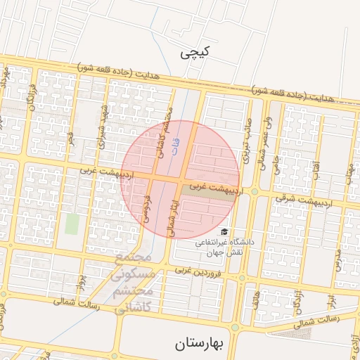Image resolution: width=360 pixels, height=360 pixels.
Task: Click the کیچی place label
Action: tap(195, 53)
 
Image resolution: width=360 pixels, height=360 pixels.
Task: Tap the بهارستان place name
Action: tap(198, 344)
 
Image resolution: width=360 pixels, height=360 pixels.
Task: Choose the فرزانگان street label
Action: tap(30, 96)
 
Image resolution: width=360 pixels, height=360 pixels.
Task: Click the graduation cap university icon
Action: tap(224, 231)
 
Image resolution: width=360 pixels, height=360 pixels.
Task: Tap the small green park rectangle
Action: tap(72, 224)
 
